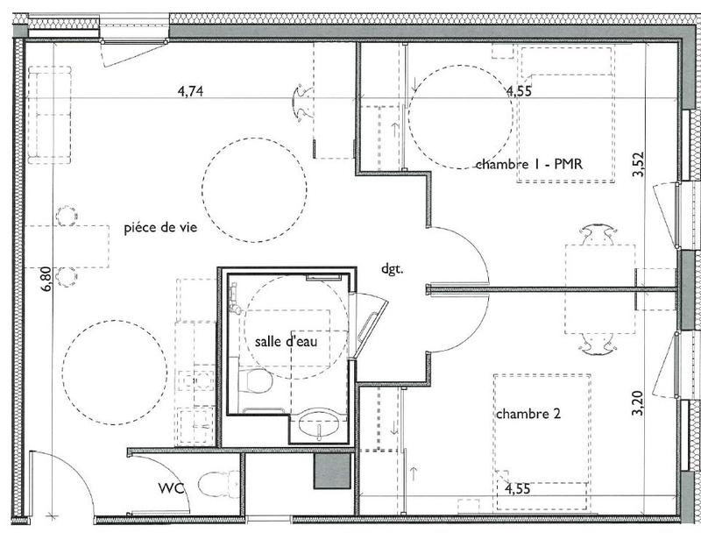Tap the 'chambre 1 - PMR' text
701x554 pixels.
(529, 164)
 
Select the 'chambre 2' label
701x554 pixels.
(528, 414)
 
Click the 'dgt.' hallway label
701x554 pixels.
(392, 269)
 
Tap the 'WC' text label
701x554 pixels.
(171, 488)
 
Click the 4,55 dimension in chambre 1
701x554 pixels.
(518, 89)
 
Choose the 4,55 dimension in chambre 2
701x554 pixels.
(516, 503)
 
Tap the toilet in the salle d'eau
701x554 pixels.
(256, 380)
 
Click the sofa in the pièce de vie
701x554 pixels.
(50, 116)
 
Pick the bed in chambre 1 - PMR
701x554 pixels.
(564, 114)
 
